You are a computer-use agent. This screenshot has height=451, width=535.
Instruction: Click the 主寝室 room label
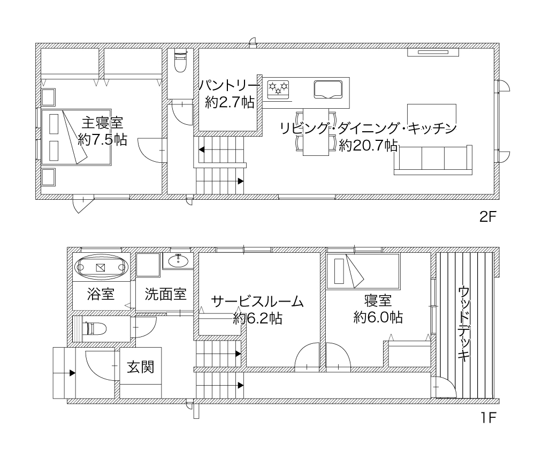coord(102,122)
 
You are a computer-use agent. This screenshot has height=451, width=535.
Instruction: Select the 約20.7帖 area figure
coord(368,146)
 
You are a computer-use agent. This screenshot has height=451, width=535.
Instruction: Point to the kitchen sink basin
coord(328,89)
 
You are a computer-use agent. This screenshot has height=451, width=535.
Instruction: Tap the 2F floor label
coord(487,216)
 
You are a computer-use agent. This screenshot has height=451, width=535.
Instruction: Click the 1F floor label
coord(488,417)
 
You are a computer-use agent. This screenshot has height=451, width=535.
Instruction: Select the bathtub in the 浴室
coord(101,267)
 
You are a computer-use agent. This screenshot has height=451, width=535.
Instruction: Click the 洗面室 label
coord(165,294)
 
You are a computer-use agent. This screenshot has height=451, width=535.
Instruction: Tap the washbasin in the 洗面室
coord(178,261)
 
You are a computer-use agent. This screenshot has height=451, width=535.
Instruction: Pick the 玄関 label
coord(141,367)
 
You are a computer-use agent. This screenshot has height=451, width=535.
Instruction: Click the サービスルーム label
coord(257,302)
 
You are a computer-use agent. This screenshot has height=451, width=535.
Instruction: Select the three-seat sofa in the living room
coord(433,160)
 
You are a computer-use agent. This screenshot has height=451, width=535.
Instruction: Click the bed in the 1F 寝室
coord(363,271)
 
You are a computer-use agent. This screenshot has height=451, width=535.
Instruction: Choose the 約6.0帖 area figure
coord(378,318)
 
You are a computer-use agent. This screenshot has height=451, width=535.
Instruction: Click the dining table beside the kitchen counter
coord(316,132)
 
